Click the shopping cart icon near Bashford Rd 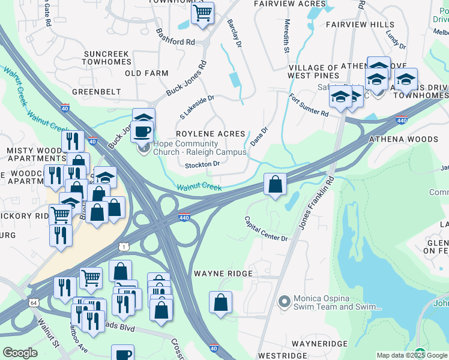point(203,13)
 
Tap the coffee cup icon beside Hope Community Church point(142,131)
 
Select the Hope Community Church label point(200,148)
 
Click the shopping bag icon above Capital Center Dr point(275,184)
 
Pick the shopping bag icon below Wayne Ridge point(220,302)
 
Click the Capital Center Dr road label point(266,229)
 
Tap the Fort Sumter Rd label point(309,106)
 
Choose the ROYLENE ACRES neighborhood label point(210,134)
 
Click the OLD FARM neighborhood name point(146,73)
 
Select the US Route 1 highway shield point(123,247)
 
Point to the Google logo point(20,352)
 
